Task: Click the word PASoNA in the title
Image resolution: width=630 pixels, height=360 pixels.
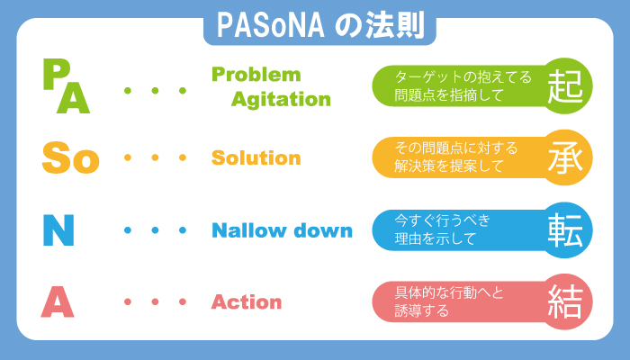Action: [x=270, y=25]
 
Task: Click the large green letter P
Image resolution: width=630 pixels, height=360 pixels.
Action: [x=56, y=75]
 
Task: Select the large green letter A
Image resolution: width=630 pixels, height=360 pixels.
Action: [x=73, y=97]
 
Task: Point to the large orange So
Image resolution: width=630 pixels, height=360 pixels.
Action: [x=71, y=157]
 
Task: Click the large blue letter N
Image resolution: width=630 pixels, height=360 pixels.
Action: [x=58, y=229]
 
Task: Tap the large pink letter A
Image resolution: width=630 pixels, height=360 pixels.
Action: [x=58, y=301]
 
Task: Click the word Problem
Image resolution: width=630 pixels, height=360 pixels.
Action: [x=256, y=75]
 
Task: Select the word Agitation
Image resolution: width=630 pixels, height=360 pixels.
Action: [x=281, y=100]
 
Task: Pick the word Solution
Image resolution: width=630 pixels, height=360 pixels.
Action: [x=256, y=157]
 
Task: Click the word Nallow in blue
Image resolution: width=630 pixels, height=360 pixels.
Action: [x=249, y=230]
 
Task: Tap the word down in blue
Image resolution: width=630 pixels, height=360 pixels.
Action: [x=323, y=230]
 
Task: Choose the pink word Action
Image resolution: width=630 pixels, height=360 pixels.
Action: [x=247, y=301]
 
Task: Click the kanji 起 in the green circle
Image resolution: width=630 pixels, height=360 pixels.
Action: [x=565, y=86]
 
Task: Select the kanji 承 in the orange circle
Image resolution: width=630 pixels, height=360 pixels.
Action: [x=565, y=157]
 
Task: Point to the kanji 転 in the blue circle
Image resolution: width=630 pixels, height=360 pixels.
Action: [x=565, y=229]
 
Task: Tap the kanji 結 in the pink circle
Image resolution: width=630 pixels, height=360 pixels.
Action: [x=565, y=301]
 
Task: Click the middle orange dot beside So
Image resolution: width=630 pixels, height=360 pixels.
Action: [x=155, y=157]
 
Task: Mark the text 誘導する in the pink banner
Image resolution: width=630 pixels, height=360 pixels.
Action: [x=421, y=311]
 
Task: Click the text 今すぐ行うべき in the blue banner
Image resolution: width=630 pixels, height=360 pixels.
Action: [x=443, y=220]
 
